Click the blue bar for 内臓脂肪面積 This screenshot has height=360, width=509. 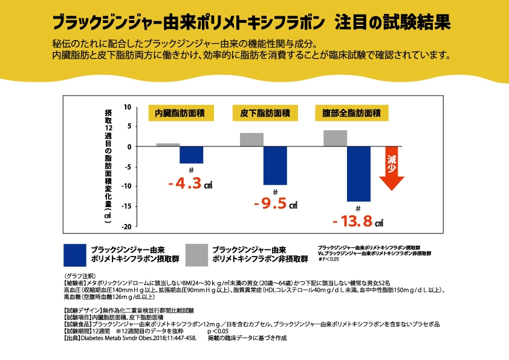pos(191,155)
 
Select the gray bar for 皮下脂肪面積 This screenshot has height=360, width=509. pos(251,140)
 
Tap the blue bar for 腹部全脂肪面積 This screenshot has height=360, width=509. pos(358,174)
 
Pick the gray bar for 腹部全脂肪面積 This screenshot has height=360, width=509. pos(335,139)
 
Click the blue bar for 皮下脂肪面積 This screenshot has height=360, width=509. pos(275,165)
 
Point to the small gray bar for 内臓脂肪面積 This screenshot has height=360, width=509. pos(168,145)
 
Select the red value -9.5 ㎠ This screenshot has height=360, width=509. pos(275,204)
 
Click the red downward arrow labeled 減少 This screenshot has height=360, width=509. pos(391,168)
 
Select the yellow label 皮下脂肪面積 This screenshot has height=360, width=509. pos(265,114)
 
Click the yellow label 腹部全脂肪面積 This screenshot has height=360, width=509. pos(351,114)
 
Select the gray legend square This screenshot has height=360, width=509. pos(197,255)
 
